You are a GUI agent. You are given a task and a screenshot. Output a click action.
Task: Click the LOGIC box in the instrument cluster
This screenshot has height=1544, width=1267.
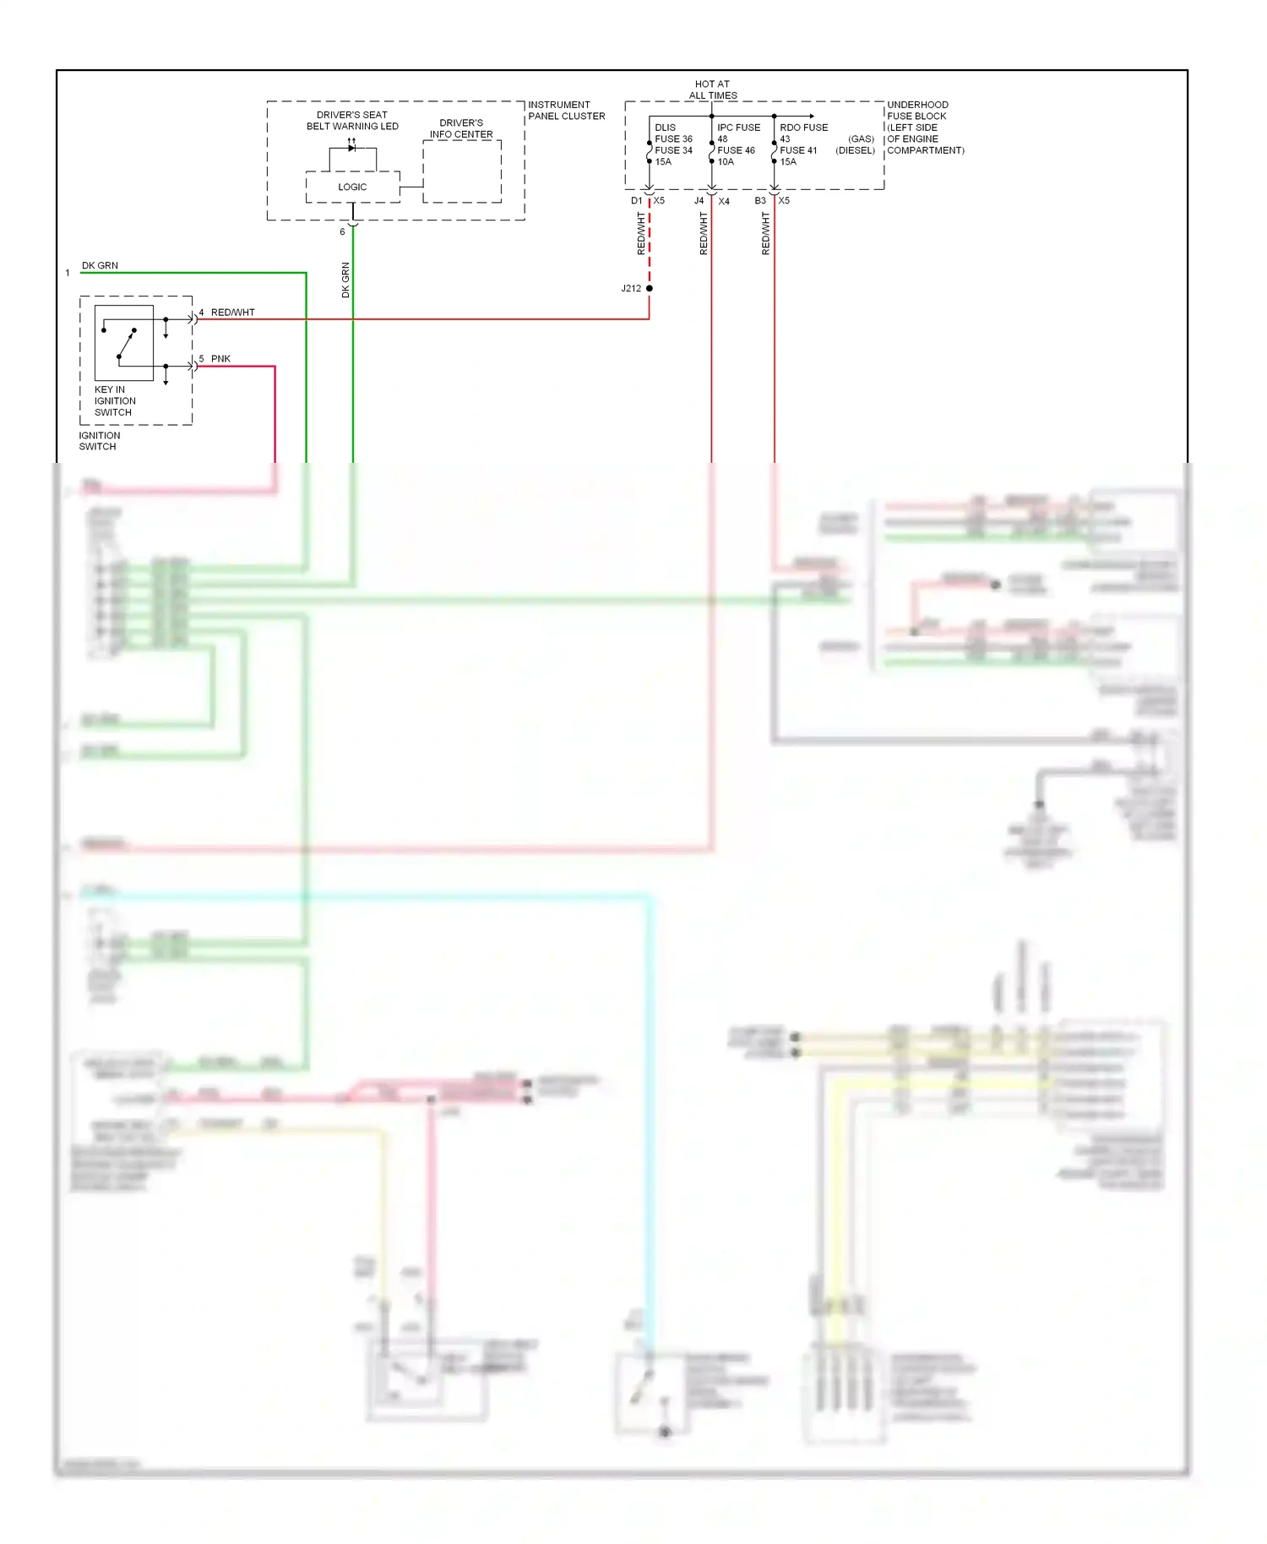[352, 187]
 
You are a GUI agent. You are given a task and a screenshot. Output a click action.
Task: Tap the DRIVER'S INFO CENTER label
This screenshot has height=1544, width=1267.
[461, 128]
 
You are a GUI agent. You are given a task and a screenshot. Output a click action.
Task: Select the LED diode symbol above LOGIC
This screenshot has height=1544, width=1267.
[352, 148]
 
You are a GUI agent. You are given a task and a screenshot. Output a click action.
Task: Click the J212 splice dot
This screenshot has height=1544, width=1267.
[649, 288]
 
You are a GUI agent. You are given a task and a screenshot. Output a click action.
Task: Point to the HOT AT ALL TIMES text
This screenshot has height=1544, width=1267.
[712, 90]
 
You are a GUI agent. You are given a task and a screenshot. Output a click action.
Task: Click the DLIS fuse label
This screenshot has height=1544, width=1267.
[665, 128]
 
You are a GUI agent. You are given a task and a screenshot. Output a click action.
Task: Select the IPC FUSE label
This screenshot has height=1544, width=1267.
[738, 128]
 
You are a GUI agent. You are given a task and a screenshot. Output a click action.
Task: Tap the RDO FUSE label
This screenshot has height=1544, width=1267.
[803, 128]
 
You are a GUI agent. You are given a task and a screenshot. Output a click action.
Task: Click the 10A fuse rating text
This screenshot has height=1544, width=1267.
[726, 162]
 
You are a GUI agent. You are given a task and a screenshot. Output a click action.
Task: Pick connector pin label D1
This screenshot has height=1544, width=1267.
[636, 201]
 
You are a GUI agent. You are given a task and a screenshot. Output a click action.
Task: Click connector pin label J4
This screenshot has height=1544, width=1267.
[699, 201]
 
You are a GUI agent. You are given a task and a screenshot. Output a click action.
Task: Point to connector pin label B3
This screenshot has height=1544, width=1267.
[760, 201]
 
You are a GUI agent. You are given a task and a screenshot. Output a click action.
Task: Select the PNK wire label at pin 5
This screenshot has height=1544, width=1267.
[220, 359]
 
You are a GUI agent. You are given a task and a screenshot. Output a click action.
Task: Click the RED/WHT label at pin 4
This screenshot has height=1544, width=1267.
[232, 313]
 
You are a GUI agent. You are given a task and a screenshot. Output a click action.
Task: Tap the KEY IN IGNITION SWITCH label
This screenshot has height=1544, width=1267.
[115, 401]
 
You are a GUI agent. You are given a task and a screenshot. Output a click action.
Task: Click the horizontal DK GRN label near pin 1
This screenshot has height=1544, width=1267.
[100, 265]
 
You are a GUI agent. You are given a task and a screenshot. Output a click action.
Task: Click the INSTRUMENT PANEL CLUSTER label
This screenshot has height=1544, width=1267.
[566, 111]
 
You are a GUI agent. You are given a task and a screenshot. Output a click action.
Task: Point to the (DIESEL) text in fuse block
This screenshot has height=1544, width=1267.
[855, 150]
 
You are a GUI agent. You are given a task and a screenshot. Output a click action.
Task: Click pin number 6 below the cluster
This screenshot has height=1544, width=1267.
[342, 231]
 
